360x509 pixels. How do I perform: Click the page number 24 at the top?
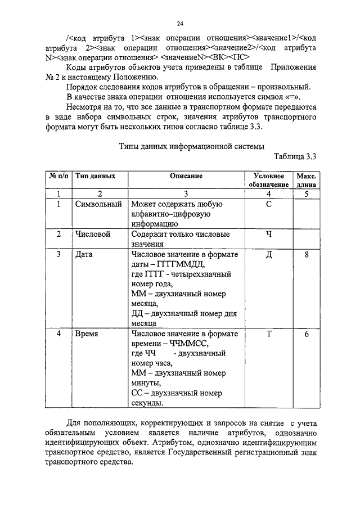[x=180, y=23]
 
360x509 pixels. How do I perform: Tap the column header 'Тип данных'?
[x=96, y=176]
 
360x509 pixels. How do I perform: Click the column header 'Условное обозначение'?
[x=268, y=180]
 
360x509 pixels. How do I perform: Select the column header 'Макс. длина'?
[x=306, y=180]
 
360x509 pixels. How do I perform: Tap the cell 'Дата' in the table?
[x=83, y=254]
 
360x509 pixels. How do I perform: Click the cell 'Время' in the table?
[x=87, y=334]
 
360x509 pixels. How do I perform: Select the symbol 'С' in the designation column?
[x=268, y=204]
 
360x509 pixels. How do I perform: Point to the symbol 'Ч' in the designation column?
[x=268, y=234]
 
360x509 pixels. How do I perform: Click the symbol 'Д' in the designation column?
[x=268, y=254]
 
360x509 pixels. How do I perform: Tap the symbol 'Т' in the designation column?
[x=268, y=334]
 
